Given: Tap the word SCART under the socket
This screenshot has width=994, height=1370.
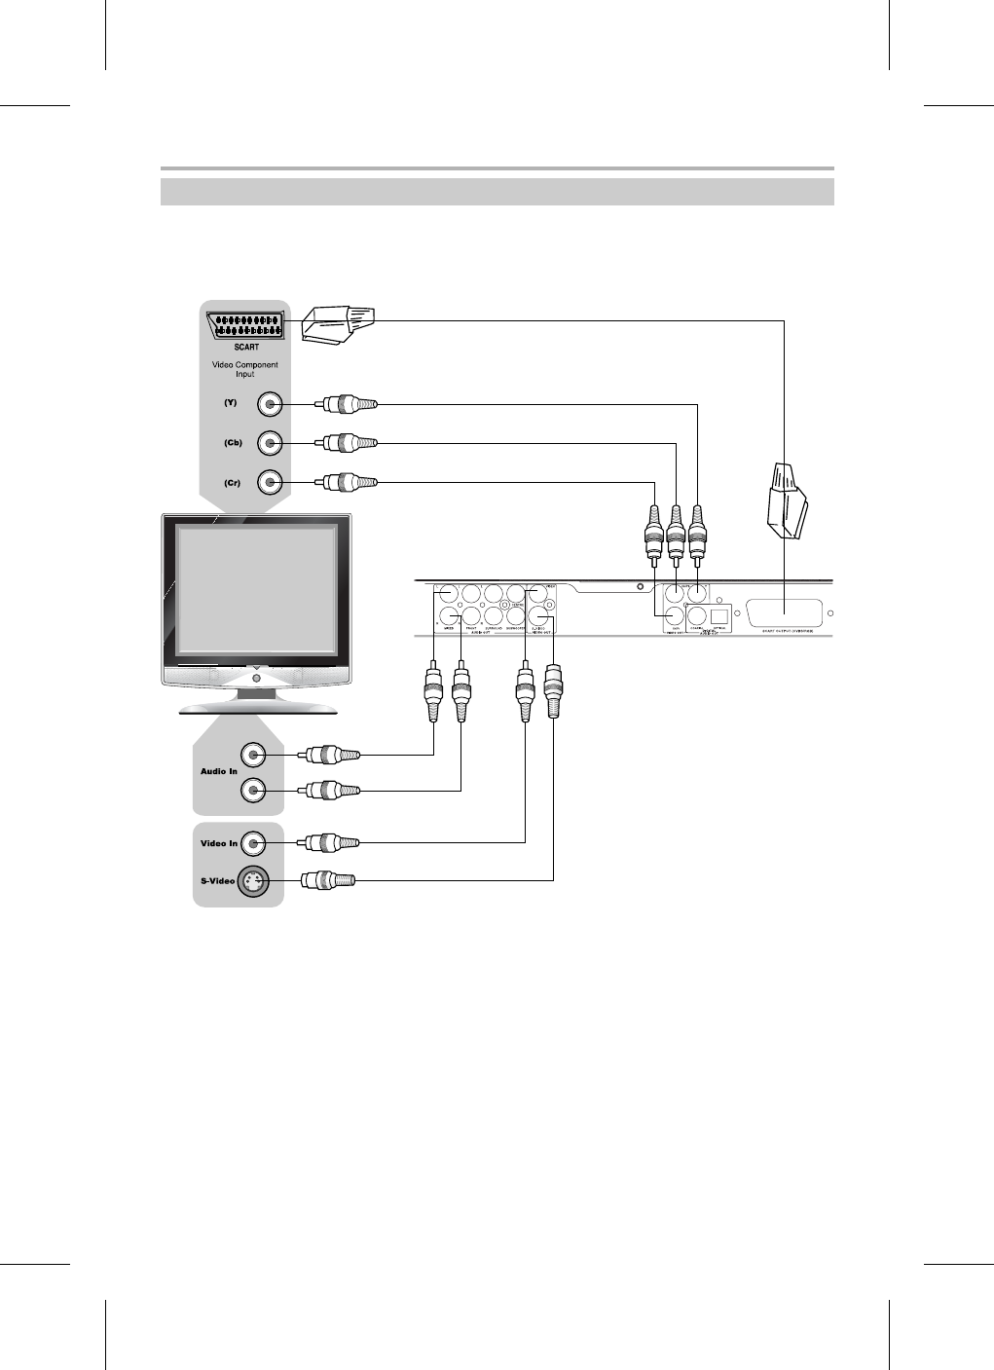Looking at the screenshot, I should point(244,346).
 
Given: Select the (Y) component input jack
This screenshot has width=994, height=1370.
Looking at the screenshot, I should point(270,404).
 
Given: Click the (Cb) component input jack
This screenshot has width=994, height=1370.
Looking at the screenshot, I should point(270,443).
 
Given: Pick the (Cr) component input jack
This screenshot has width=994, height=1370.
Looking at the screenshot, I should point(270,482).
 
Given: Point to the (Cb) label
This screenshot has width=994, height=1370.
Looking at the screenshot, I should point(232,443).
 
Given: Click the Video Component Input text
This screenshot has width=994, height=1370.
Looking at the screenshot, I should point(244,369).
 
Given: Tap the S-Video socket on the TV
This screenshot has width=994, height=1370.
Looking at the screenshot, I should point(254,881).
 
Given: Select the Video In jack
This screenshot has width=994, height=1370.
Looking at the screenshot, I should point(254,842).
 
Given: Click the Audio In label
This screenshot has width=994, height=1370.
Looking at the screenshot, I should point(218,771).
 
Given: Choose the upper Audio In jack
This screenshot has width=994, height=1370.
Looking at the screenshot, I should point(254,754).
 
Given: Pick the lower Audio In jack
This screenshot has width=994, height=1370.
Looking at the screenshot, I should point(254,791).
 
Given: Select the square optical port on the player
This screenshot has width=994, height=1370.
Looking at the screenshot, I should point(720,615).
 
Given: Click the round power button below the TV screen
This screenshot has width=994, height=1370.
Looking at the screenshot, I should point(255,678).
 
